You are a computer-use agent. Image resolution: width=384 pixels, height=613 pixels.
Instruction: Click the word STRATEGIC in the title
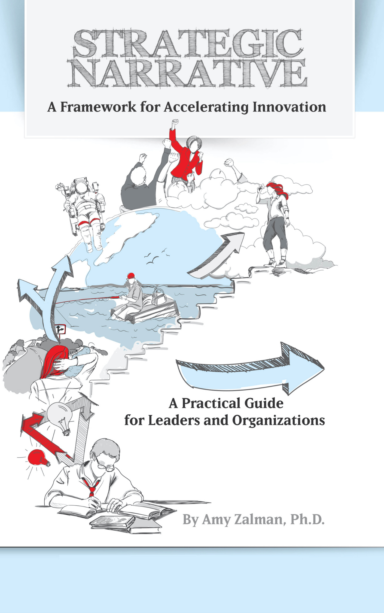(188, 44)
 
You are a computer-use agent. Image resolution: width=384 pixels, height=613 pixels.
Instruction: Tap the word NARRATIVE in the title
(188, 73)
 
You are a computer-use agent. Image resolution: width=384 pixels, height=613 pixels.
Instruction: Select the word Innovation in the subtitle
(289, 107)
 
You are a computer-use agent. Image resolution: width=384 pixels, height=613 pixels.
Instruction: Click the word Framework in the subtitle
(98, 107)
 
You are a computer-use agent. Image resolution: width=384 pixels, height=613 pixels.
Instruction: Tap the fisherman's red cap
(131, 275)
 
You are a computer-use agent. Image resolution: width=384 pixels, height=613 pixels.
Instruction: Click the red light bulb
(38, 457)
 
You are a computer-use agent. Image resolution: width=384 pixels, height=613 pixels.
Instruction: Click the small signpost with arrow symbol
(60, 329)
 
